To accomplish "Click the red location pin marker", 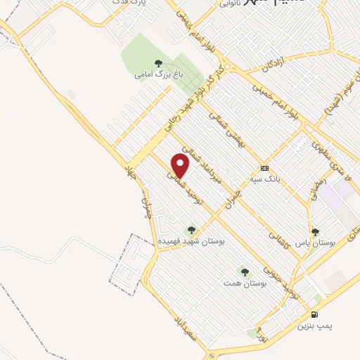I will point(181,166).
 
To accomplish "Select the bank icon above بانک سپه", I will point(264,168).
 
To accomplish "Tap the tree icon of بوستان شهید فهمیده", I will point(191,229).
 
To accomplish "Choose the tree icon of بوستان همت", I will point(245,271).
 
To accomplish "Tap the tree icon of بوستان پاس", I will point(314,231).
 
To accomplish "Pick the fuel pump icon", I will point(314,315).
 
